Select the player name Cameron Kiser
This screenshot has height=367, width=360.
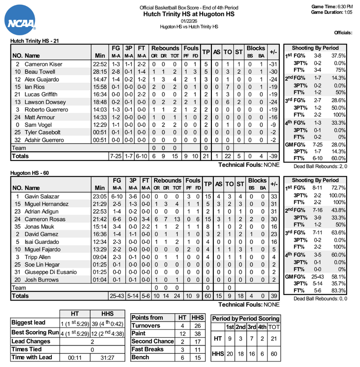[40, 64]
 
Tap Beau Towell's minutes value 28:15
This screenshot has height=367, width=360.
[98, 72]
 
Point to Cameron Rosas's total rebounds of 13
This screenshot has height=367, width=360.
[175, 219]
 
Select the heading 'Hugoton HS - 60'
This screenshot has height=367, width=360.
[28, 173]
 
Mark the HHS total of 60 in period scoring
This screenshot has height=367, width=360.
[273, 354]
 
